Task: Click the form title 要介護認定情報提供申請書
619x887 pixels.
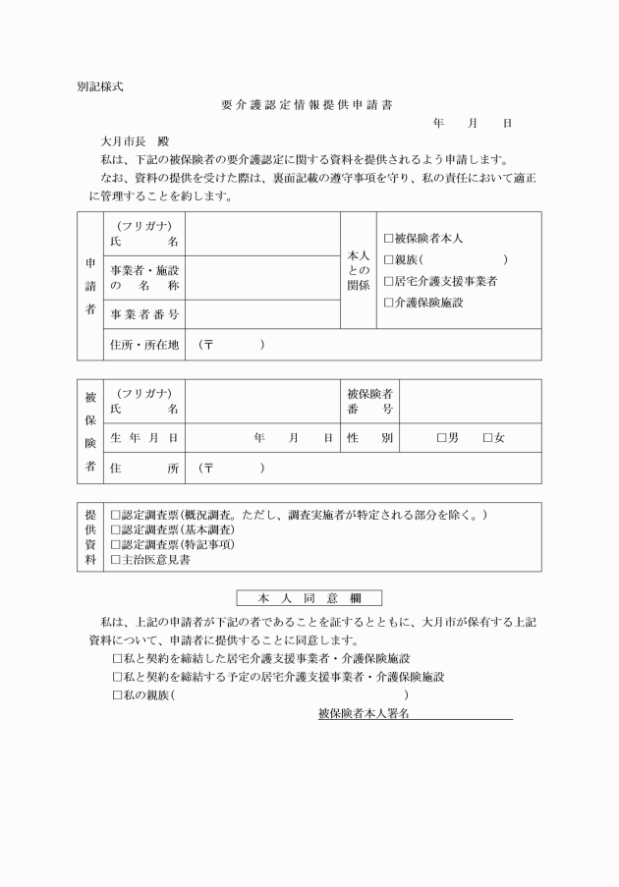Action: pos(308,105)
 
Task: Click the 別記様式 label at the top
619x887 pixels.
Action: pos(99,86)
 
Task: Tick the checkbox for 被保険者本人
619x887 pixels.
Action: pos(389,239)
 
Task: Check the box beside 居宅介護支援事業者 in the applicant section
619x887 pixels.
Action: pos(389,281)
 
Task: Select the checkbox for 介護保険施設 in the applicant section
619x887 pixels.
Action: pos(389,303)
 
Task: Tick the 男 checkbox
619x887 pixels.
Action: pos(442,438)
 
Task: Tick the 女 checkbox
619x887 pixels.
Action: pos(487,438)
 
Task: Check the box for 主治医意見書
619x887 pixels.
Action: pos(116,559)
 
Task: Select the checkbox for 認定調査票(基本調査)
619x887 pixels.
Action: pos(116,529)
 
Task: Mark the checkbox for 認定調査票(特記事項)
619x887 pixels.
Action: pos(116,544)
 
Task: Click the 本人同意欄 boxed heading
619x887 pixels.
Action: pos(309,597)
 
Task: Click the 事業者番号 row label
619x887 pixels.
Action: pos(144,314)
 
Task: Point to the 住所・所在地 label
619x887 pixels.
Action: pos(144,345)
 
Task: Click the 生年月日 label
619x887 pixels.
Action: pos(144,438)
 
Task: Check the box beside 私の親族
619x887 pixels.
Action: pos(119,695)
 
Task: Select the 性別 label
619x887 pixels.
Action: pos(369,438)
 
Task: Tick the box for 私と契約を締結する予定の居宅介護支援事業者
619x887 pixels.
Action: pos(119,677)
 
